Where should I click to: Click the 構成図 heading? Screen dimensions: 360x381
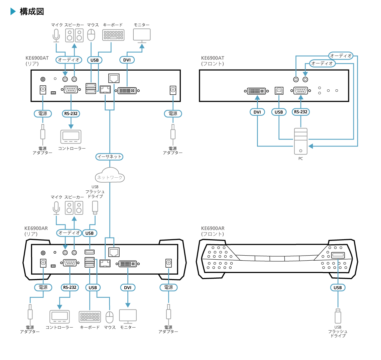click(32, 11)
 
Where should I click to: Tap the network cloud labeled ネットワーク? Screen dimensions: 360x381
click(110, 176)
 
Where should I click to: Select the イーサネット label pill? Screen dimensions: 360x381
click(109, 157)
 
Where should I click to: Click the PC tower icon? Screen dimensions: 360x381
click(301, 141)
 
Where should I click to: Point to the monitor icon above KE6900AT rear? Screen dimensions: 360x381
click(142, 35)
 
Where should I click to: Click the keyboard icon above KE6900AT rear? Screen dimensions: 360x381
click(113, 35)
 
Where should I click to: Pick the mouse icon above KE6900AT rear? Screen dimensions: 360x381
click(91, 35)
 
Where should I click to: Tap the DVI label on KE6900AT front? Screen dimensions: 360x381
click(257, 112)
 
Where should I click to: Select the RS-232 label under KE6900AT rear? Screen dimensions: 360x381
click(71, 113)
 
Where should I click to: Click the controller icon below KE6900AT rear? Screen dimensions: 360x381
click(71, 137)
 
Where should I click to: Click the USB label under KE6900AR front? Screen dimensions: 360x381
click(338, 287)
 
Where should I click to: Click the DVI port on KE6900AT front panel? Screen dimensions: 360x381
click(257, 91)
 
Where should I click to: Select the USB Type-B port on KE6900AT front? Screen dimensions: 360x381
click(279, 91)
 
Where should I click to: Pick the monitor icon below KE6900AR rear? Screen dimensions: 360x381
click(128, 316)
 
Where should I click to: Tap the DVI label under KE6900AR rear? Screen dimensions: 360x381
click(128, 287)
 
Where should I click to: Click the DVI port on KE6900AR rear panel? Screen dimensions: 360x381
click(127, 264)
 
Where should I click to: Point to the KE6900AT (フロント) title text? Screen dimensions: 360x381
click(213, 61)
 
